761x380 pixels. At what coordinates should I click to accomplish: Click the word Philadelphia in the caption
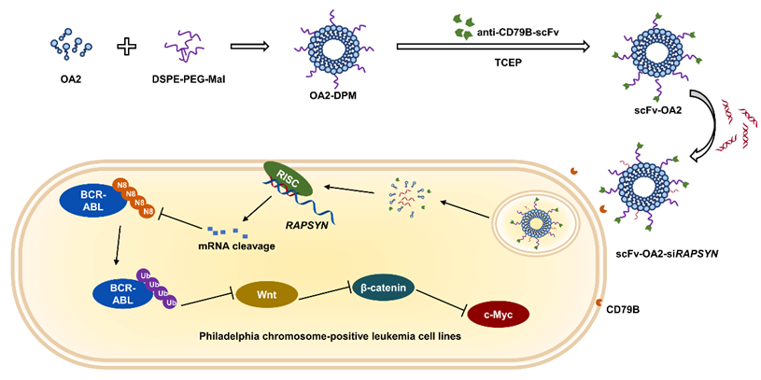pyautogui.click(x=256, y=335)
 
